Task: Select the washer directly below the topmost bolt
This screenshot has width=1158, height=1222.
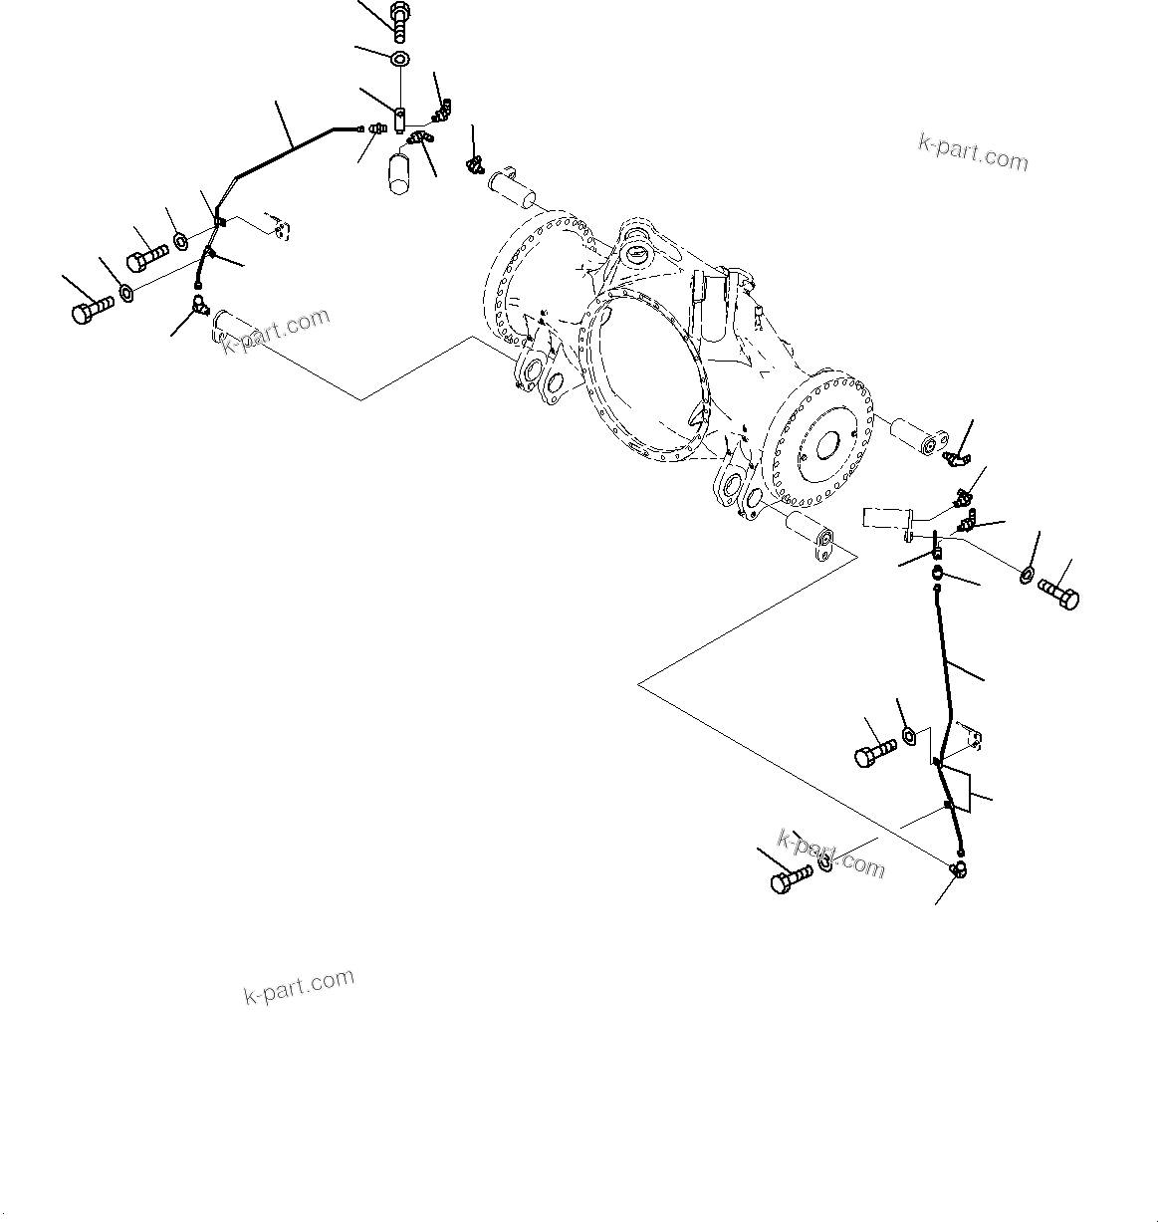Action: [399, 60]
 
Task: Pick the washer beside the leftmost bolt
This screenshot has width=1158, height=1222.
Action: [127, 291]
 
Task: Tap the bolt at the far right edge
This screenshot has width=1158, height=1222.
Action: [1059, 595]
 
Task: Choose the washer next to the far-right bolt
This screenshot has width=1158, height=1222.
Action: [1027, 575]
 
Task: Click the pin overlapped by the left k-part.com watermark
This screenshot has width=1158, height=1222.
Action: [249, 330]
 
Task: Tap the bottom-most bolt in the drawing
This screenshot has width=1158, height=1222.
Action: [792, 879]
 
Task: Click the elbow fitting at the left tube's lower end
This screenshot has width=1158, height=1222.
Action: [200, 306]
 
